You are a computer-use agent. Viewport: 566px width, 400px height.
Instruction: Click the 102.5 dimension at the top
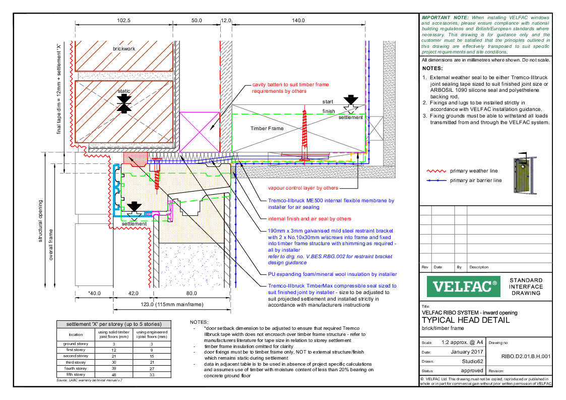tap(123, 21)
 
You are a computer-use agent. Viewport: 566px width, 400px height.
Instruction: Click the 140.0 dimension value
tap(298, 21)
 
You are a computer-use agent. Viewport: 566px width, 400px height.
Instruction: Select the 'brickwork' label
tap(124, 49)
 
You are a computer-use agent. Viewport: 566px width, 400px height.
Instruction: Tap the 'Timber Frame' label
tap(267, 128)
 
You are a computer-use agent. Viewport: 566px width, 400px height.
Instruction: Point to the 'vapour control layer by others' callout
tap(303, 188)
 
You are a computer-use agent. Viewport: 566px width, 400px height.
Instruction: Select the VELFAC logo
tap(462, 287)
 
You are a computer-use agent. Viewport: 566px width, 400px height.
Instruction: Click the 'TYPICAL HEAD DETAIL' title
tap(465, 320)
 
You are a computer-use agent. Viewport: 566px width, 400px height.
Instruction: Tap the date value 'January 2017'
tap(467, 352)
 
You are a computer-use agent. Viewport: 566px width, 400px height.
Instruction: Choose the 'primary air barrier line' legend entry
tap(476, 180)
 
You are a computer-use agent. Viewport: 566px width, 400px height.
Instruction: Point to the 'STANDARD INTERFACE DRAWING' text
tap(526, 287)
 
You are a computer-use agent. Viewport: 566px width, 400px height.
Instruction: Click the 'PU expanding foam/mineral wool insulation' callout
tap(332, 274)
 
